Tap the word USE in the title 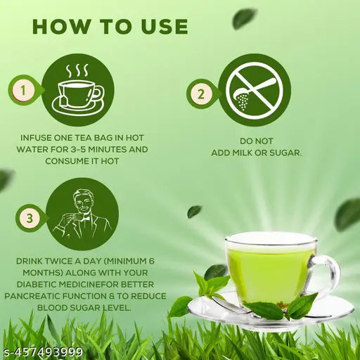tap(165, 26)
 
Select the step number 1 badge tap(23, 90)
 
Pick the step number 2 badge tap(201, 94)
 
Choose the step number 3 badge tap(30, 219)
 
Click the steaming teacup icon tap(78, 90)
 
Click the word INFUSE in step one tap(36, 138)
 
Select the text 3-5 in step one tap(79, 150)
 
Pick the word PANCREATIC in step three tap(33, 296)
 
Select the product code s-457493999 tap(42, 352)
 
